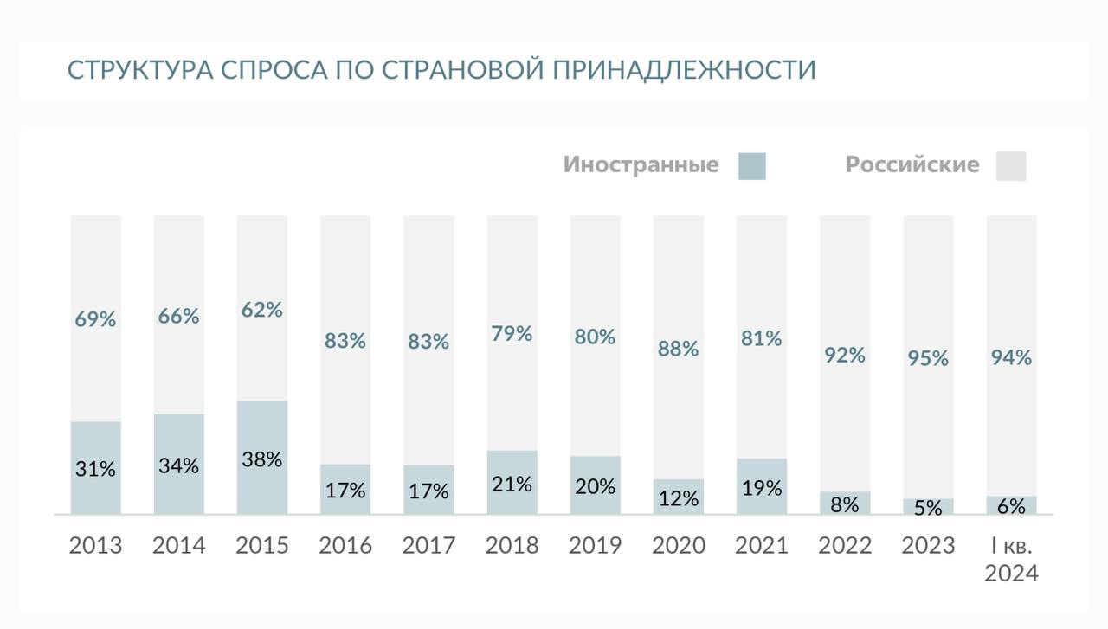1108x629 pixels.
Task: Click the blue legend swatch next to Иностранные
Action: pos(751,165)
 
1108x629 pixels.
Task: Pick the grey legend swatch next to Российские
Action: pos(1010,165)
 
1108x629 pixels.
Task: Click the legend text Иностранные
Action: pos(641,164)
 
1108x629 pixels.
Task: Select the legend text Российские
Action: pos(912,164)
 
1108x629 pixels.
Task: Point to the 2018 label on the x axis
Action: pos(512,546)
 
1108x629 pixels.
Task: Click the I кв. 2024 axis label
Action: pos(1011,560)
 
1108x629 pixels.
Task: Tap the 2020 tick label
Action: pos(679,546)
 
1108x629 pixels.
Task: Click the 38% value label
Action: pos(262,459)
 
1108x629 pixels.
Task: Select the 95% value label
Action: pos(928,358)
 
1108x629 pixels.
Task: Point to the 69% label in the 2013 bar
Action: pos(96,319)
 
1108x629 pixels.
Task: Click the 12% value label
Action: pos(679,498)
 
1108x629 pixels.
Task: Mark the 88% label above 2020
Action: pos(679,349)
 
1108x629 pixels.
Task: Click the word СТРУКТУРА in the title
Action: pos(139,70)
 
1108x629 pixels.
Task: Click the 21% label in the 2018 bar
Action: pos(512,485)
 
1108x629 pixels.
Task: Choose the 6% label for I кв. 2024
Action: pos(1011,507)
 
